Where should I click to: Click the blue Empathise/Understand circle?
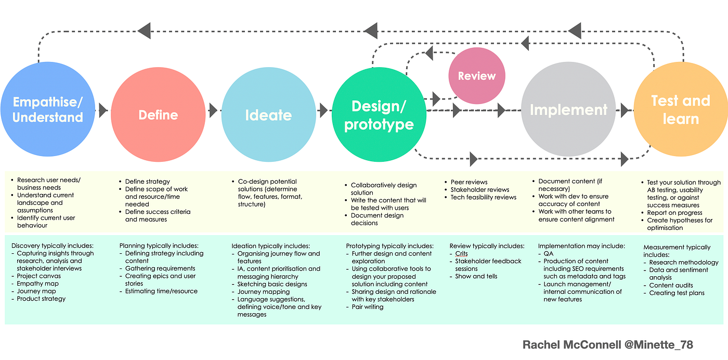(47, 109)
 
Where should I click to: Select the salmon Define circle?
(158, 114)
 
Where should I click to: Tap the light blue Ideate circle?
(268, 114)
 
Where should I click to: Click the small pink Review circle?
(476, 76)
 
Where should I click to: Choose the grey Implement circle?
(568, 110)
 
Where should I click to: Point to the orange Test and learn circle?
(680, 110)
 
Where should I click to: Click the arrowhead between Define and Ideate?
(213, 110)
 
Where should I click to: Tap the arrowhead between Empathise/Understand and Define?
(103, 110)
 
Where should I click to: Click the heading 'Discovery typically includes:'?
(52, 246)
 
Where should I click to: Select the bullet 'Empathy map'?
(37, 284)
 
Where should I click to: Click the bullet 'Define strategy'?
(147, 182)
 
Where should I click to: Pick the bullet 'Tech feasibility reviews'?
(483, 197)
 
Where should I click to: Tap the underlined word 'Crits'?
(461, 254)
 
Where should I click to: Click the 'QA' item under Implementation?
(549, 254)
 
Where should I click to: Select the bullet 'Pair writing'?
(367, 307)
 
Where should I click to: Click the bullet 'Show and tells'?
(476, 276)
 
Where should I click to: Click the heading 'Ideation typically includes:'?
(270, 246)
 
